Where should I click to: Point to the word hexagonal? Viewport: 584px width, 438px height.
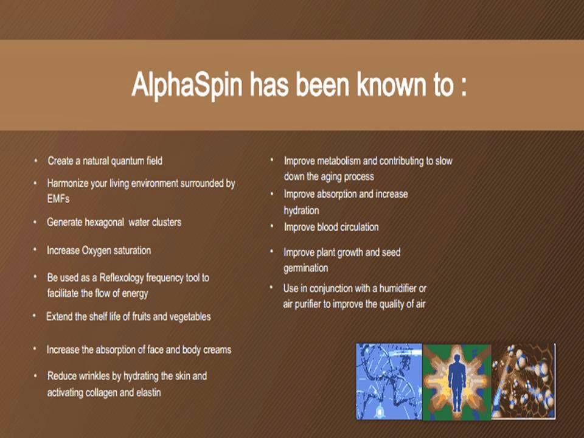point(104,223)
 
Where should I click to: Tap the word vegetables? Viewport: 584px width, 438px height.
point(188,317)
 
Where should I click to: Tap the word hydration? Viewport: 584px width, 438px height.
point(301,210)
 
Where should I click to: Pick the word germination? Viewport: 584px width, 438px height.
point(306,268)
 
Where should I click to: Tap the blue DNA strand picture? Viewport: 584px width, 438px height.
point(389,381)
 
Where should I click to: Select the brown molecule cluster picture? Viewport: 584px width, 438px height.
point(523,381)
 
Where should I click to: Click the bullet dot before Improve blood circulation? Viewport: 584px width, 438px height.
point(272,226)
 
